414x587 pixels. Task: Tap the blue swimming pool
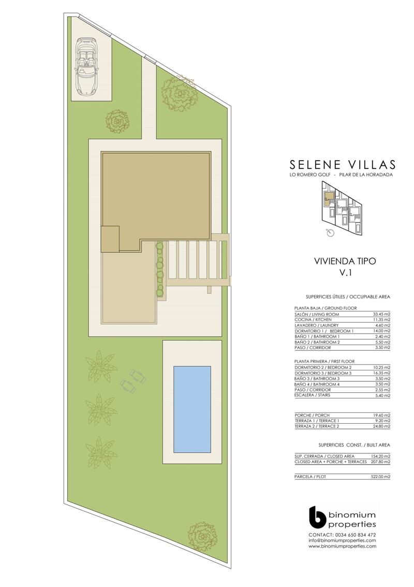192,409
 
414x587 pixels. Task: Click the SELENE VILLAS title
343,164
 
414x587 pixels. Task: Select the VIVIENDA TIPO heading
345,261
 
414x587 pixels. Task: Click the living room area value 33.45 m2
381,314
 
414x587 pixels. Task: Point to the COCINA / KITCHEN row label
313,320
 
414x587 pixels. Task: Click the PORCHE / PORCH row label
312,416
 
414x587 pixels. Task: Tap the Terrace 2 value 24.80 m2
381,426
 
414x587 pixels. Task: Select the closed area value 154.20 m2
380,456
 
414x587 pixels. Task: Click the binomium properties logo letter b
318,518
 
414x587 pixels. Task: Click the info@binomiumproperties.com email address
342,540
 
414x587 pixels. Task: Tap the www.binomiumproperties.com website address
342,547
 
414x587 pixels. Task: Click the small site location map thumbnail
342,208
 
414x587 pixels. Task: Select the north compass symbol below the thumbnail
330,233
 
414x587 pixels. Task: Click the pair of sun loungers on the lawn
133,381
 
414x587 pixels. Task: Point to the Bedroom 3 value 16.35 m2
381,373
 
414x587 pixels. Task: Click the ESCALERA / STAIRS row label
312,395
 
